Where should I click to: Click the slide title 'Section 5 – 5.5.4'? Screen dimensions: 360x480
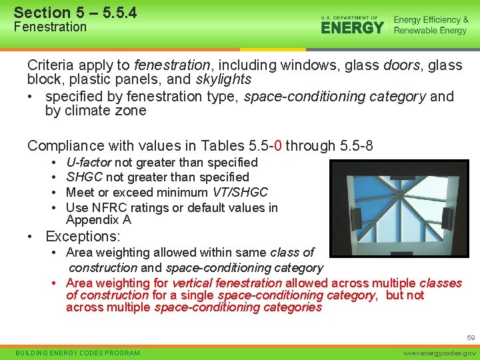[x=75, y=12]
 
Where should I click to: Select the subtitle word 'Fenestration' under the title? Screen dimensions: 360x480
[x=50, y=27]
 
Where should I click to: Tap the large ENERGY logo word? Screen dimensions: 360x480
[x=352, y=27]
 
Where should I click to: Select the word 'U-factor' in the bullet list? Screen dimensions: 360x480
[x=89, y=162]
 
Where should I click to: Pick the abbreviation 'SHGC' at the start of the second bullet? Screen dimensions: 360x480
[x=84, y=177]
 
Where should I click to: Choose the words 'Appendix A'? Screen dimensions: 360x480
[x=99, y=219]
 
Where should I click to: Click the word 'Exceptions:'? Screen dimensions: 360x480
[x=83, y=237]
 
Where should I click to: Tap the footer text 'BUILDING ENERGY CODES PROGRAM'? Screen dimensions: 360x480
[x=77, y=353]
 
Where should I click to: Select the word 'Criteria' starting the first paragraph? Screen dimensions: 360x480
[x=49, y=65]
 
